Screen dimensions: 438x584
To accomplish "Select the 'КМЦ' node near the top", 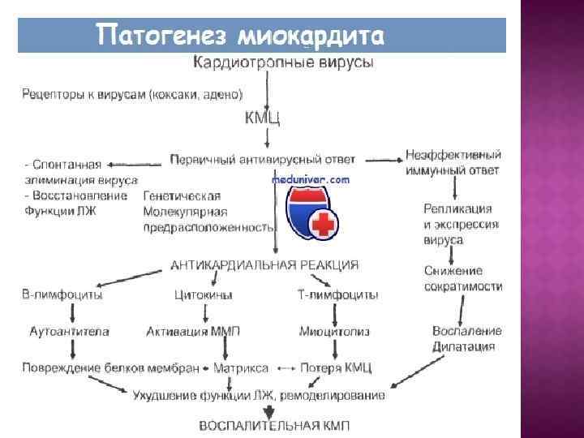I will [x=262, y=119].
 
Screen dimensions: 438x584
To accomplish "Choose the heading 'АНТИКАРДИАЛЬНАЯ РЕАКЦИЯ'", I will [x=264, y=265].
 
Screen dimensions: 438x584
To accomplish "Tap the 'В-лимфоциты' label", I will [x=62, y=295].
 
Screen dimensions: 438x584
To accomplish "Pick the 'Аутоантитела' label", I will [x=68, y=332].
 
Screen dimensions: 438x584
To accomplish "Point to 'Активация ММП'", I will [x=193, y=332].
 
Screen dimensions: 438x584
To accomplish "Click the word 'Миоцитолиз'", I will [x=330, y=332].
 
